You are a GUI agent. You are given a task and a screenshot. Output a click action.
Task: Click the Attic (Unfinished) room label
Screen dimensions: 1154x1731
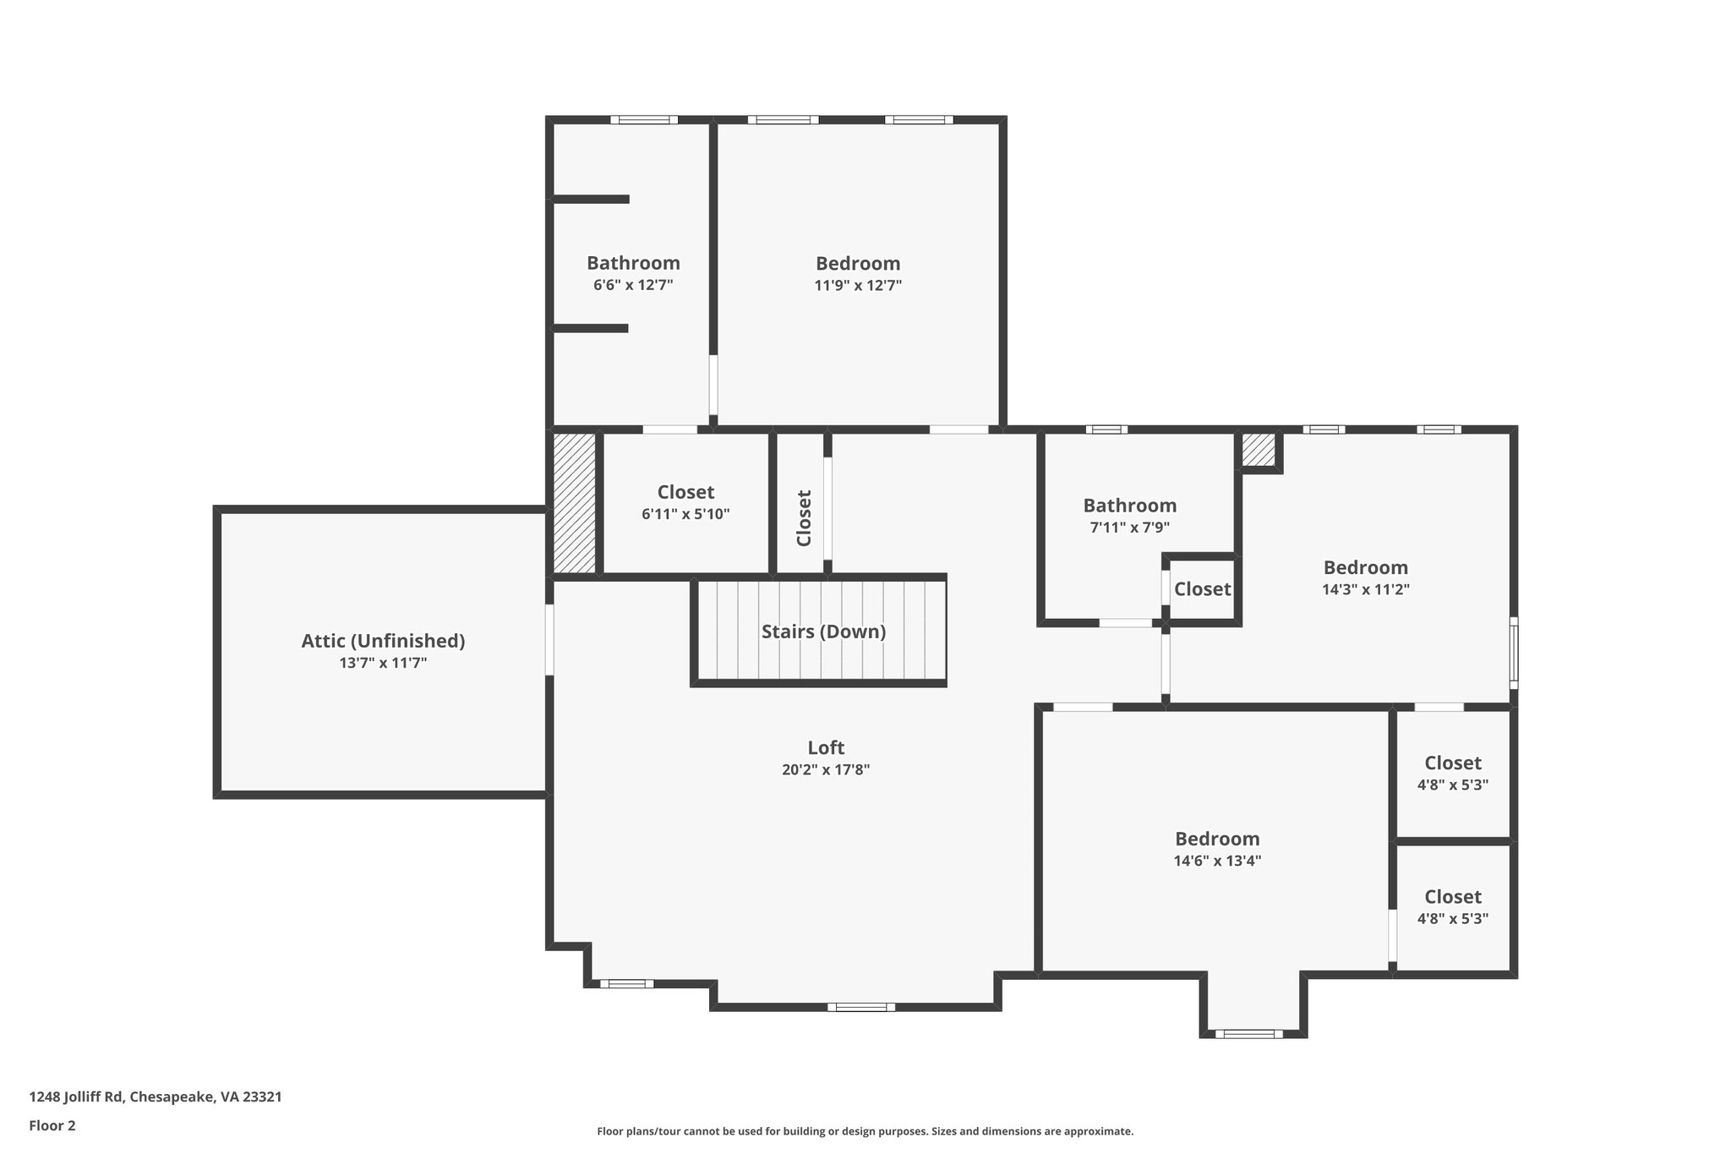(x=383, y=641)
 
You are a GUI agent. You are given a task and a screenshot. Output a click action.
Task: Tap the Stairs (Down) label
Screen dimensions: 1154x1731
(x=823, y=632)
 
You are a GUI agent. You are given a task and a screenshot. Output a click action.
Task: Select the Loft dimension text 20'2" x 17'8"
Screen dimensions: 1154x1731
(x=825, y=770)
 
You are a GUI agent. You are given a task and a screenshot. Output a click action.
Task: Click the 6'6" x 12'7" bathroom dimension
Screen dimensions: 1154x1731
(x=633, y=286)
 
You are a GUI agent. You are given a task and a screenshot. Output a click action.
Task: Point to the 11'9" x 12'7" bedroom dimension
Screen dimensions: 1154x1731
(x=858, y=286)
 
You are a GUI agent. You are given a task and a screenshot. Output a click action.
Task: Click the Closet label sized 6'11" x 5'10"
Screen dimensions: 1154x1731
(x=685, y=492)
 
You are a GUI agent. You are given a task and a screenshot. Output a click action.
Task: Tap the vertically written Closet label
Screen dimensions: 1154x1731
(x=804, y=518)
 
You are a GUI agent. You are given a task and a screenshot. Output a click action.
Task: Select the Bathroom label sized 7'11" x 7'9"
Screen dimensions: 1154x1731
(x=1129, y=506)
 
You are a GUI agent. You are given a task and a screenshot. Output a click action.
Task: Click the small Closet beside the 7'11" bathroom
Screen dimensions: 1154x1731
(x=1202, y=589)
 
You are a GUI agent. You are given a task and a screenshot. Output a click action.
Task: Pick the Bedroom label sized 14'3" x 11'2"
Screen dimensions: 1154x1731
(x=1365, y=567)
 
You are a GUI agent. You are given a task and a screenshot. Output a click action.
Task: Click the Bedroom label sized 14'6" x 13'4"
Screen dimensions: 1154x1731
(x=1217, y=839)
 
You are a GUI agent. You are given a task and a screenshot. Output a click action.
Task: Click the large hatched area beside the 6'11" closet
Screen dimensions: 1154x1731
(x=574, y=503)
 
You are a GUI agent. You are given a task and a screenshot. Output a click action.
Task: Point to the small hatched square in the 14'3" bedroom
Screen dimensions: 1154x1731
(x=1258, y=449)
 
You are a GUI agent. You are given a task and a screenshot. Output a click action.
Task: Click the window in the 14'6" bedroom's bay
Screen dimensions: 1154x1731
(x=1248, y=1033)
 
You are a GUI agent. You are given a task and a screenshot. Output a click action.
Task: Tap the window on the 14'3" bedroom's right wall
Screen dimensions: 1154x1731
(x=1514, y=651)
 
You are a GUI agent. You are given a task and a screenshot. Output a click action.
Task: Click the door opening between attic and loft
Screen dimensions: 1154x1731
(x=549, y=639)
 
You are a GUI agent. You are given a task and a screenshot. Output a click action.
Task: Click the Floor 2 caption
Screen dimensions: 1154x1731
(x=52, y=1125)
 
